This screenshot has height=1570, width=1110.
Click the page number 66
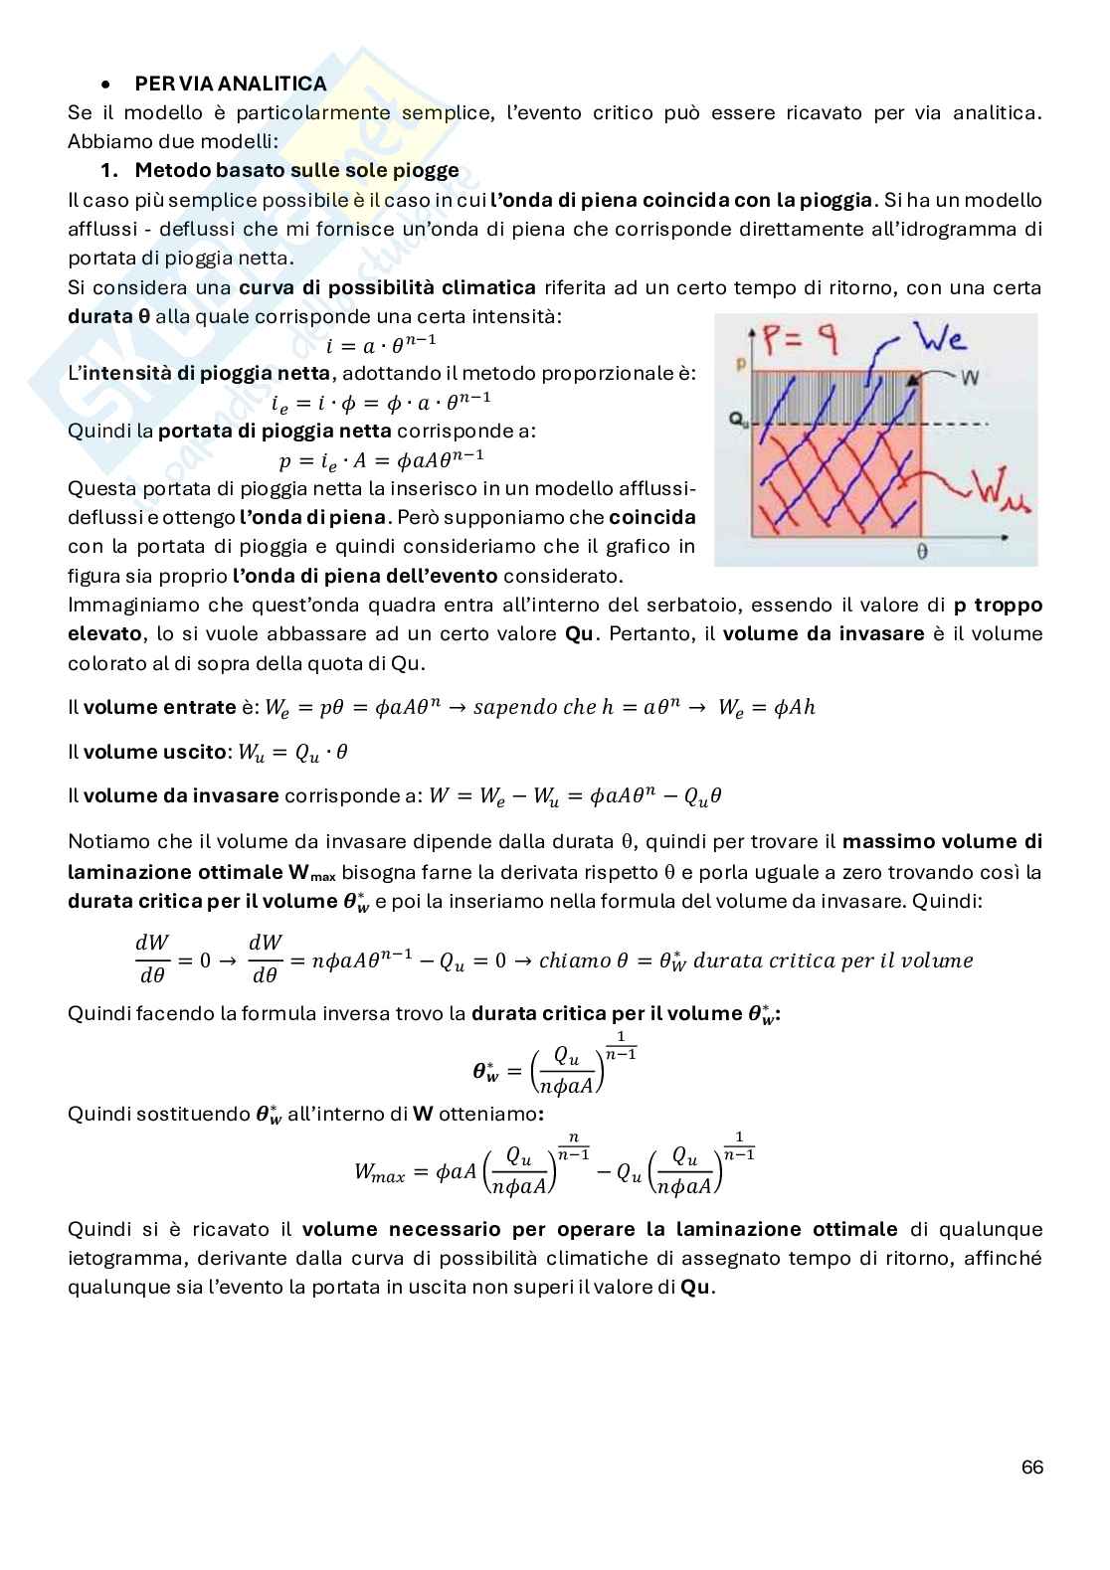[x=1031, y=1468]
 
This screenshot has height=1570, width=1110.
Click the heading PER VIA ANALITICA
[x=230, y=84]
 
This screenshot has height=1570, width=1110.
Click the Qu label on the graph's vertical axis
[x=738, y=422]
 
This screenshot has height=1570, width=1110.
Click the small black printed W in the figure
[x=972, y=377]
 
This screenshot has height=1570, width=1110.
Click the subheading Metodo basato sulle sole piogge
[x=296, y=170]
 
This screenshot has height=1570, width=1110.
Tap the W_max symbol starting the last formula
[x=379, y=1173]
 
